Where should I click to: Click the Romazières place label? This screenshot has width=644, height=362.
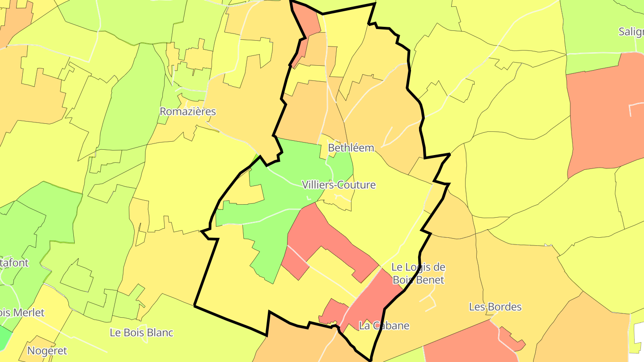[188, 112]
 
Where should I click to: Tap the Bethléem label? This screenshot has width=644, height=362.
[351, 148]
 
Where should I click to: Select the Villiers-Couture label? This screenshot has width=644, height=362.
[339, 185]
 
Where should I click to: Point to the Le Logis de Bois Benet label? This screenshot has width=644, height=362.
[418, 274]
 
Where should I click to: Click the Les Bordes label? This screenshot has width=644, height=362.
[495, 307]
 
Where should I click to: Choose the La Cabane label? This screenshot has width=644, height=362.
[384, 326]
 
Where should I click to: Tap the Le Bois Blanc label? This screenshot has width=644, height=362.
[141, 333]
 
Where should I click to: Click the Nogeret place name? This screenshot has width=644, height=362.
[47, 351]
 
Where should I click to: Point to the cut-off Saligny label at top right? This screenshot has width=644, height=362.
[631, 32]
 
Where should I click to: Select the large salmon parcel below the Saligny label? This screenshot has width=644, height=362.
[604, 116]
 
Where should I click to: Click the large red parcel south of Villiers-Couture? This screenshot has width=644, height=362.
[322, 237]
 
